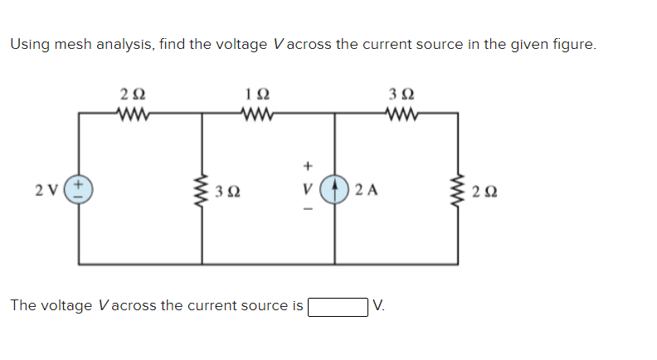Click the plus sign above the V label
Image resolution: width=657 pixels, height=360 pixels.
(x=306, y=164)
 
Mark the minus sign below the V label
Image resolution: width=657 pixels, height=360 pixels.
(x=306, y=211)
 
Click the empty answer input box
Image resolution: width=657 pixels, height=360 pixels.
(x=338, y=306)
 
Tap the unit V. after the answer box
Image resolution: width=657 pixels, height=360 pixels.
(x=379, y=305)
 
